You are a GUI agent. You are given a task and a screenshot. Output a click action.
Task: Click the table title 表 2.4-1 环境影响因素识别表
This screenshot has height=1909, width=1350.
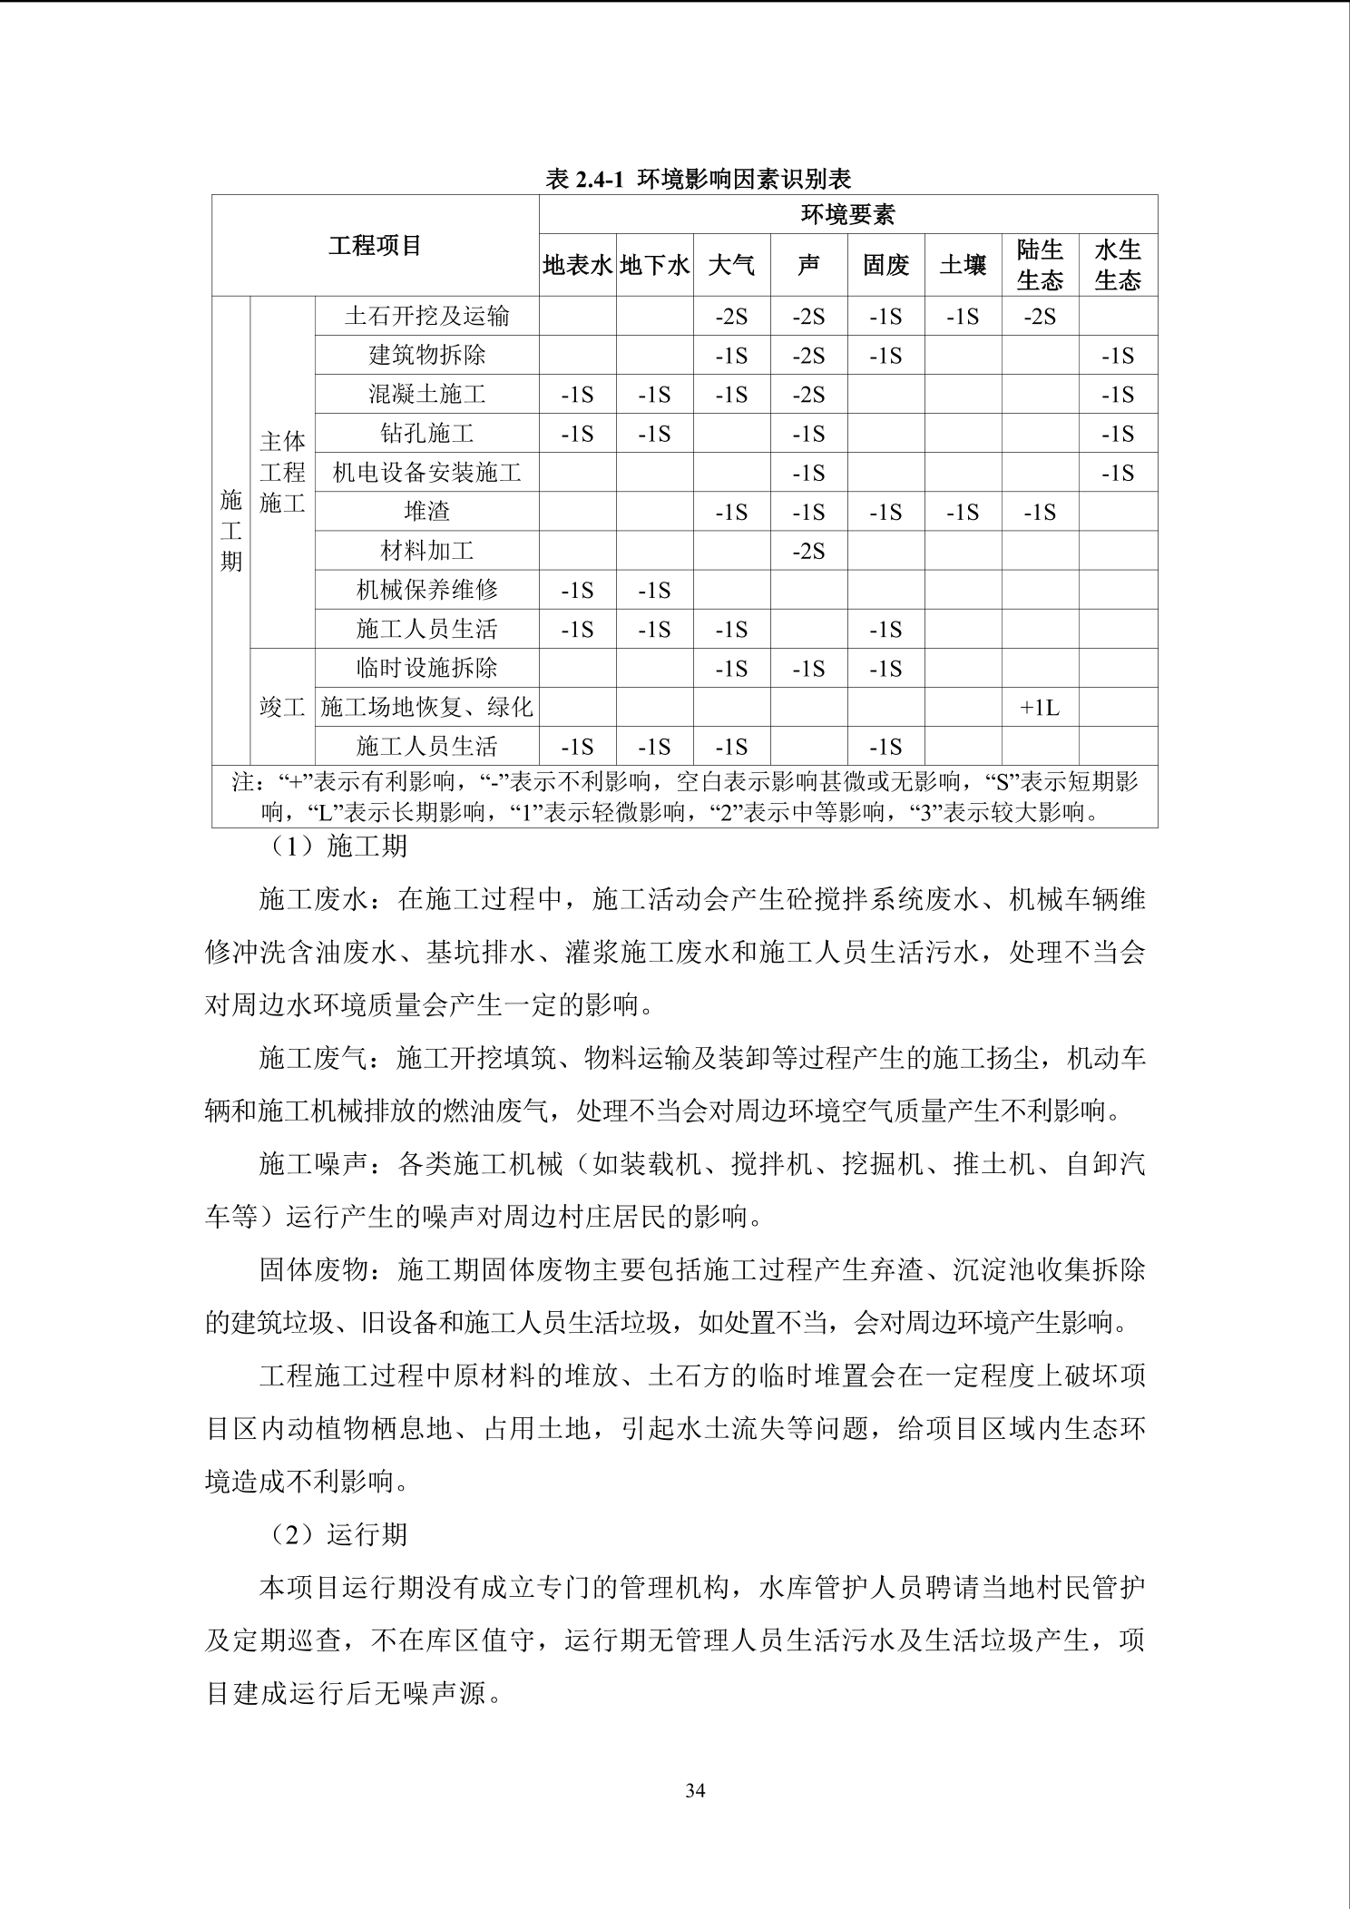(698, 179)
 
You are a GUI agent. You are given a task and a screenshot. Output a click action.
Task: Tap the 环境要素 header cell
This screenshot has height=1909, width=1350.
(847, 214)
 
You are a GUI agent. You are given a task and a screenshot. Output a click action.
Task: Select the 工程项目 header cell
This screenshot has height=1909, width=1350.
(375, 246)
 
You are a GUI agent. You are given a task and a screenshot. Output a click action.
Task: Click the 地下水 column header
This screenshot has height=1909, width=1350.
(654, 265)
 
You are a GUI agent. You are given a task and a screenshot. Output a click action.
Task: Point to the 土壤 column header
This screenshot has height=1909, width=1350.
(963, 265)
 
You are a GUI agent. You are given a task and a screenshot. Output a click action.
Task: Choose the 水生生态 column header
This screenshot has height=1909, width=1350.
(1117, 265)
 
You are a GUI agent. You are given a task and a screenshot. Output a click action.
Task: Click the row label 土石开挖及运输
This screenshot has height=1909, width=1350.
(426, 316)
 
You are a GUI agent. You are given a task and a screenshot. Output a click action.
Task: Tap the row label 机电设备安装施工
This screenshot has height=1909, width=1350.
(426, 473)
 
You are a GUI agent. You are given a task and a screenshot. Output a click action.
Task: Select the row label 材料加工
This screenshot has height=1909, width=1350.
(426, 551)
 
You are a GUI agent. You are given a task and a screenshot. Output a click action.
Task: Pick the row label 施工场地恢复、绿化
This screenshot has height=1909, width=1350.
(426, 707)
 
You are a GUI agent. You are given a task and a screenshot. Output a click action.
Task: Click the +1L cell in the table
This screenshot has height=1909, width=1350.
(1040, 708)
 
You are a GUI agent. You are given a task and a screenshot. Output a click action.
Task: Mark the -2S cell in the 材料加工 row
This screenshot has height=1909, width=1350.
(808, 551)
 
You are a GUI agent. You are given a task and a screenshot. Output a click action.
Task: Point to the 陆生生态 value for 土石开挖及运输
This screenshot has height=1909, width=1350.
(1040, 317)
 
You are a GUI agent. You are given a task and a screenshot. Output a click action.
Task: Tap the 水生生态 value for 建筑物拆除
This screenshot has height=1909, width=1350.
(1117, 356)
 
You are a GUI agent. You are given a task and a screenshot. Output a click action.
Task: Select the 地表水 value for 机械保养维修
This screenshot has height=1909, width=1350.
(577, 591)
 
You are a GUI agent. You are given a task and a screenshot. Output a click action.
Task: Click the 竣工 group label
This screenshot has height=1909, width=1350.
(282, 707)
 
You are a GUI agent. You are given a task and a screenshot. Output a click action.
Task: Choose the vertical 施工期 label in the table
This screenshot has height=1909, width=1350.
(231, 530)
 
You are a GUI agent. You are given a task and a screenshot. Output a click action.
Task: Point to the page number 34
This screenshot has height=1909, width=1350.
(695, 1790)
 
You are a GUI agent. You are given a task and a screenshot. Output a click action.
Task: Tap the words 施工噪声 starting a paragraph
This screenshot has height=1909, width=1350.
(314, 1163)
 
